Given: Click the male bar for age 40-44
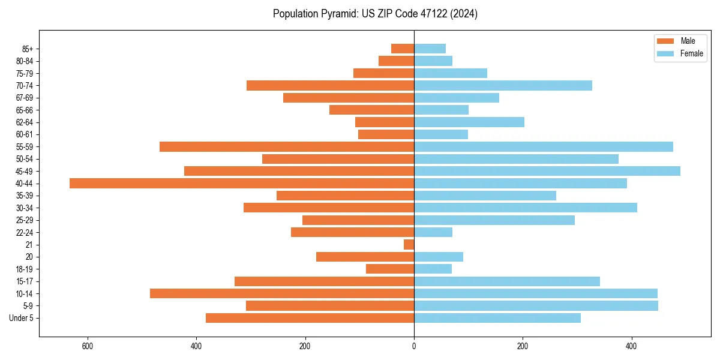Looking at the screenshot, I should [x=242, y=184].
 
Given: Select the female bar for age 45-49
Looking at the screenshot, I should [x=547, y=171].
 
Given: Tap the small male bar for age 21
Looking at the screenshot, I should [x=409, y=245].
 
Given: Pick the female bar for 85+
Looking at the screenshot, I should [x=430, y=49].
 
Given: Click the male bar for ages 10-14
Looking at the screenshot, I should [x=282, y=293].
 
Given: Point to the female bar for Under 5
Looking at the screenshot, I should [x=497, y=318].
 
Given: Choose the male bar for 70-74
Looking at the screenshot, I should [x=330, y=86].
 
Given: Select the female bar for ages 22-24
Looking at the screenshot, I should [x=433, y=232].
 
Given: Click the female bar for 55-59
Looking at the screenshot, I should [x=544, y=147].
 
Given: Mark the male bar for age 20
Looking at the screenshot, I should [x=365, y=257].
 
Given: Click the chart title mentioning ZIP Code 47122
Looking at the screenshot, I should [x=375, y=14].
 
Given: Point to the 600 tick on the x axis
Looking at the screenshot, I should [x=88, y=346].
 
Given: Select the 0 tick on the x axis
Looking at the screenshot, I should [x=414, y=346].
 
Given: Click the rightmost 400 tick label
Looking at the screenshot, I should [x=631, y=346].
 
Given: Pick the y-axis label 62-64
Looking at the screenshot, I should [x=25, y=122].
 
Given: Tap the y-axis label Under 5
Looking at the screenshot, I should [x=22, y=318].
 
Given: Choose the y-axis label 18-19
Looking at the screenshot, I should [x=25, y=269].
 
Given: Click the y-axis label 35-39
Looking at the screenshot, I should [x=25, y=196].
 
